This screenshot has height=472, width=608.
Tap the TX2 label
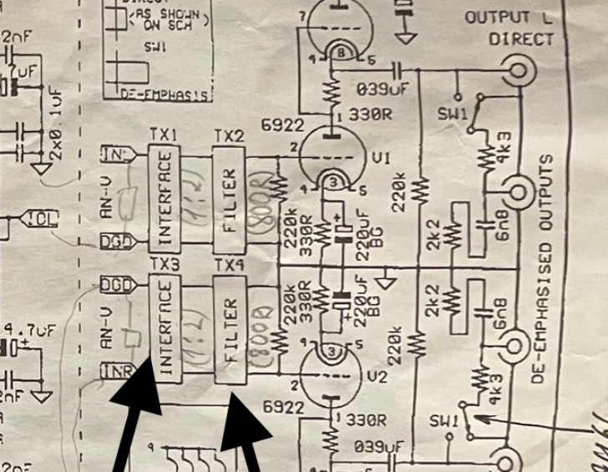(x=229, y=134)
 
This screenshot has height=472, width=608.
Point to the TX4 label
(x=229, y=265)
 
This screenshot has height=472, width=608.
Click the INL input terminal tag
(x=114, y=155)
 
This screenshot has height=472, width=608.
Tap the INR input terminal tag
(x=114, y=370)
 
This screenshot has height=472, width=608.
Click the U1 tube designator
(x=382, y=158)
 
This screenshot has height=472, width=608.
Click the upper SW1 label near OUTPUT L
(x=454, y=112)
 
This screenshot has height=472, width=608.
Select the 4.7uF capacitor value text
(x=28, y=331)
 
